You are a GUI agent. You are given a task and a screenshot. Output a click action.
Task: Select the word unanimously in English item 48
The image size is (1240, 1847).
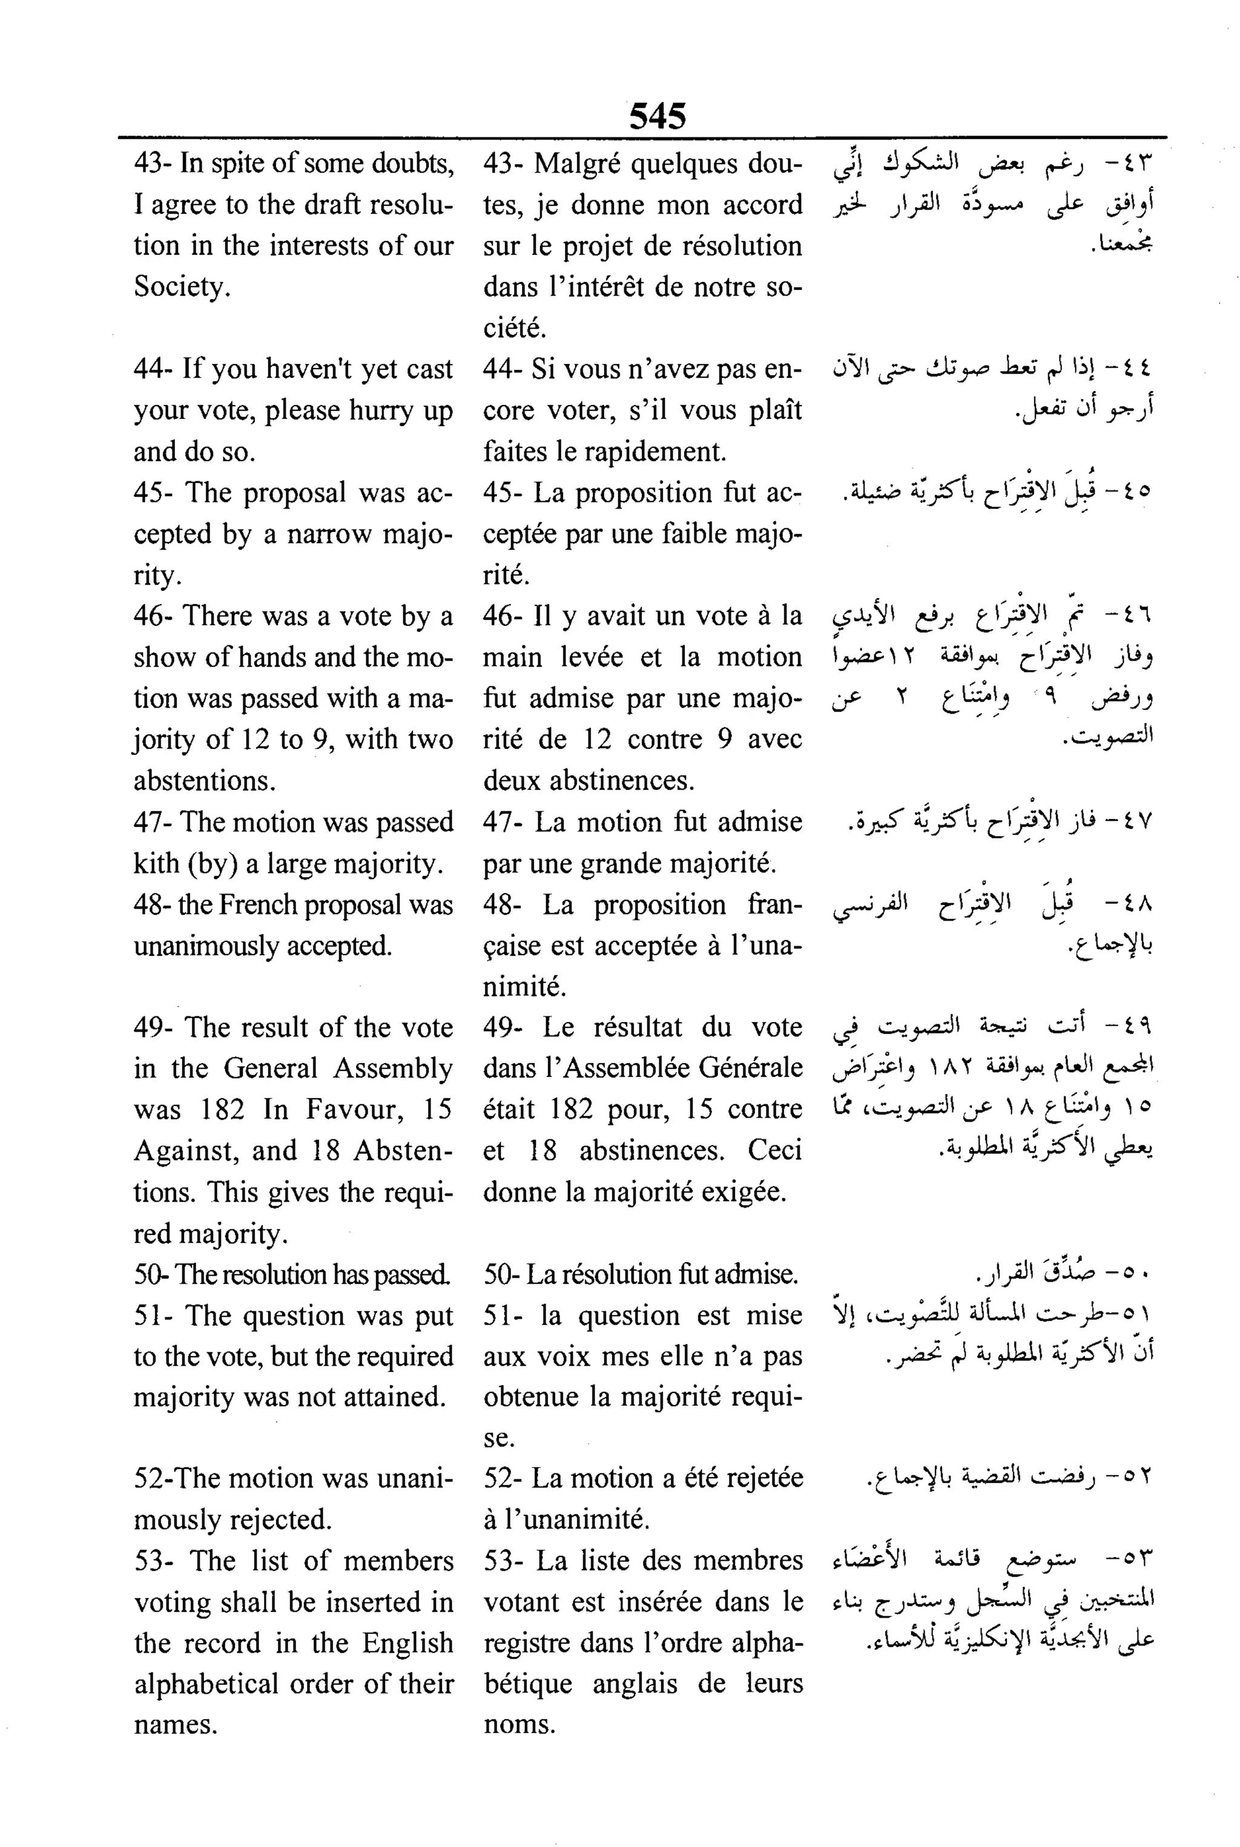206,946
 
